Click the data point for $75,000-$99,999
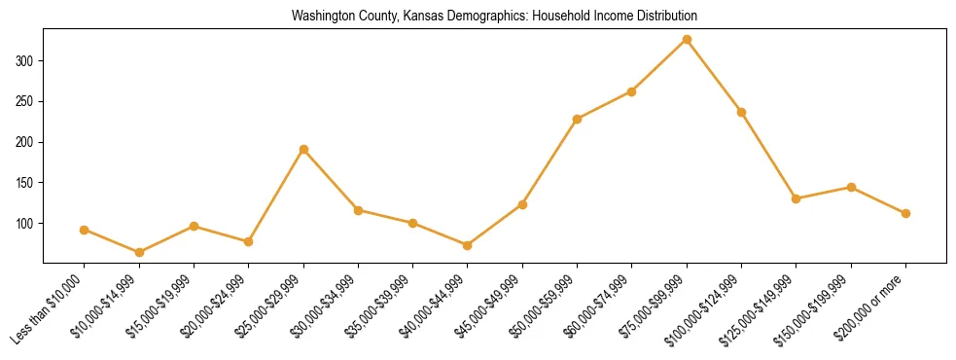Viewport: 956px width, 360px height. coord(687,39)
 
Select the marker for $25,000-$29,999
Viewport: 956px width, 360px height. coord(303,149)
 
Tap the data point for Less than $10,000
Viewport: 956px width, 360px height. coord(85,230)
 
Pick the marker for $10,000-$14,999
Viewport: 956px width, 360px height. coord(139,252)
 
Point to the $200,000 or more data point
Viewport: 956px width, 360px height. coord(905,213)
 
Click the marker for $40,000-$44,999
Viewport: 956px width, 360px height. coord(468,245)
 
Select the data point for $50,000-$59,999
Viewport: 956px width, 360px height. coord(578,119)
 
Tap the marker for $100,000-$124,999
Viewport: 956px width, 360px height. coord(741,112)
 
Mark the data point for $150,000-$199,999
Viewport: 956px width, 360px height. coord(851,187)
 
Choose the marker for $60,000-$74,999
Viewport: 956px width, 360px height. coord(632,91)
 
